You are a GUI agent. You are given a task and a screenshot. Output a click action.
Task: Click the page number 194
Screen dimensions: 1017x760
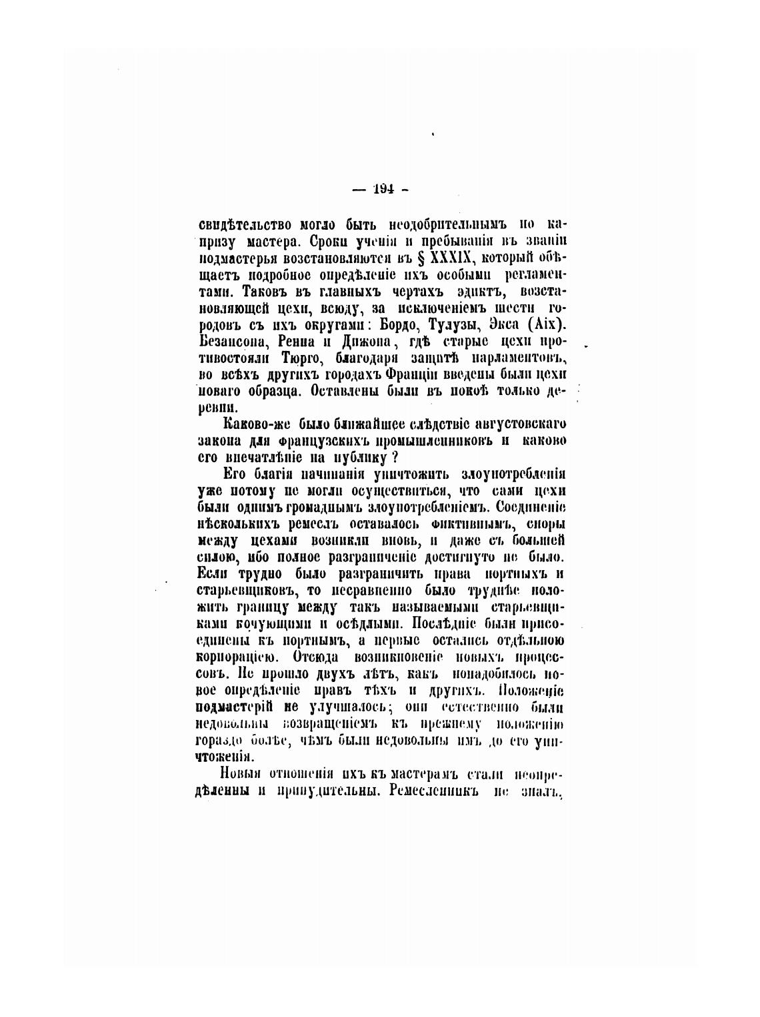[x=383, y=188]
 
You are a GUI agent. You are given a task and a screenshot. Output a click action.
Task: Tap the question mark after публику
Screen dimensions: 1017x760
[x=395, y=458]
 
